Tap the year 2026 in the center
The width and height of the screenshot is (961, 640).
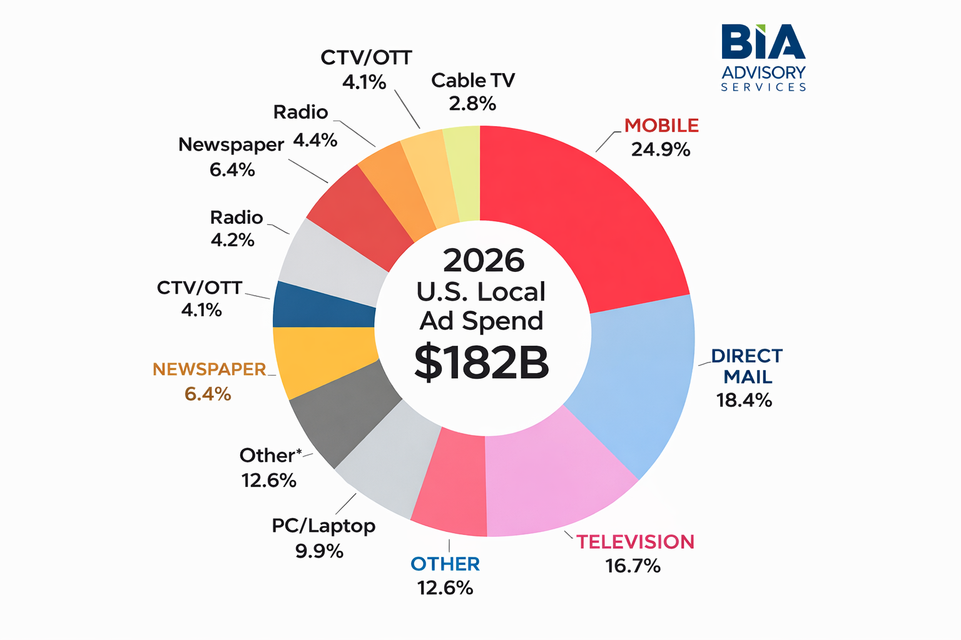pos(484,260)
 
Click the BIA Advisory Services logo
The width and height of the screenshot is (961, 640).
pos(763,57)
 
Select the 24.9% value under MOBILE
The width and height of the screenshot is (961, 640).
pos(660,150)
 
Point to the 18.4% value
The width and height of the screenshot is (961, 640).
pos(744,400)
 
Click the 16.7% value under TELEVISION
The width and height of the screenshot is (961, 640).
pos(633,566)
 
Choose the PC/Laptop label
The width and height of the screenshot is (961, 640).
pos(323,526)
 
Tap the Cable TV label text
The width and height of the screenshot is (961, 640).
pos(473,81)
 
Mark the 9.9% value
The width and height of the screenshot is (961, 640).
pos(319,551)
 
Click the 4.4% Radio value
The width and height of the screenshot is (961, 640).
pos(315,140)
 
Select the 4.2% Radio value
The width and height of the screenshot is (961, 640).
pos(233,240)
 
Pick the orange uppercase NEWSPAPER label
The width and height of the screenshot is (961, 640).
pos(210,369)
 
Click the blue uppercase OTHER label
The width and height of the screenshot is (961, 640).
pos(445,564)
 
